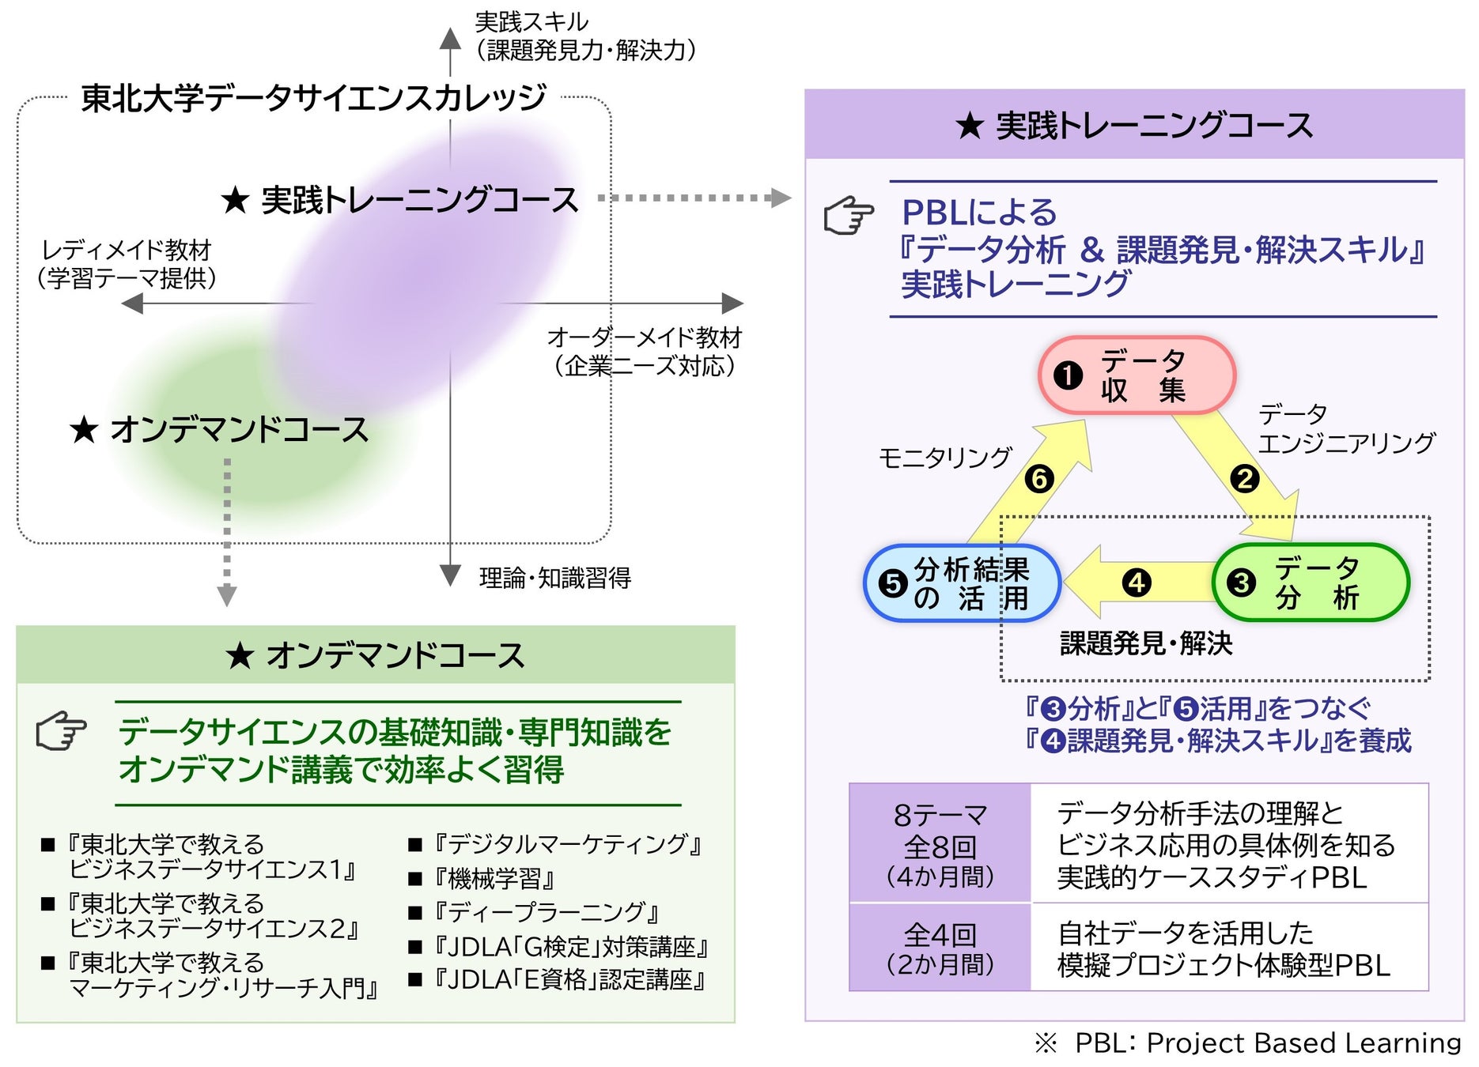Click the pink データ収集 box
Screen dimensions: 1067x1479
1137,375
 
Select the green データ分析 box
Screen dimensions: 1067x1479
1311,583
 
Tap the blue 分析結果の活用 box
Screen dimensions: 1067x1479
962,583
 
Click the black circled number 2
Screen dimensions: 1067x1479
1244,479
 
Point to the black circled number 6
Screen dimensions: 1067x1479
1039,479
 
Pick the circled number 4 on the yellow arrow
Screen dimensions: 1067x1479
1137,583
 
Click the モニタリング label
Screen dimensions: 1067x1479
945,458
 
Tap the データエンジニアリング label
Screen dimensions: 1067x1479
1345,428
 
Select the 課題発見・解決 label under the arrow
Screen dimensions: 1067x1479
1146,643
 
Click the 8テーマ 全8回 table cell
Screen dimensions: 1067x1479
940,844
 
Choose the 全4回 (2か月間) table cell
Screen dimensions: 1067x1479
940,948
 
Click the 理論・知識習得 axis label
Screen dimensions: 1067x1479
555,578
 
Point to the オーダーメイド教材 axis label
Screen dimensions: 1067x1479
645,351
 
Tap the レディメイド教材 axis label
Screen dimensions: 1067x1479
127,264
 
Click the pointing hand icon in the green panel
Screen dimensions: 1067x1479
62,730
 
